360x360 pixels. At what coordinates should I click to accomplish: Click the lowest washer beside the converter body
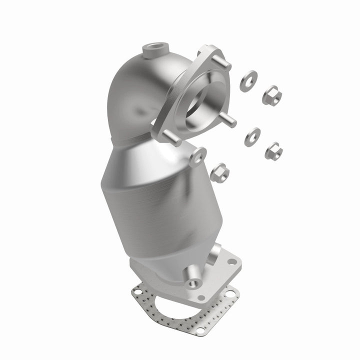pos(197,157)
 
